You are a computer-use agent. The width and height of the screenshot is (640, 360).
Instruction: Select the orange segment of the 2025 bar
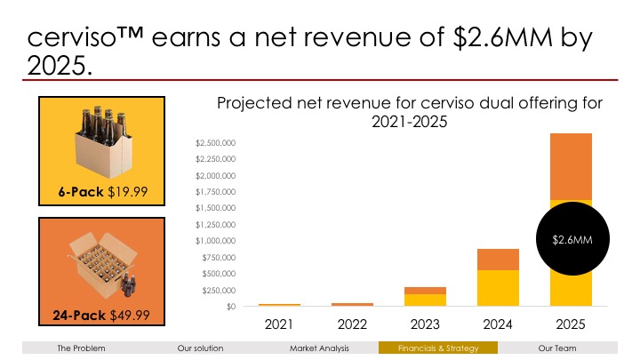pyautogui.click(x=571, y=164)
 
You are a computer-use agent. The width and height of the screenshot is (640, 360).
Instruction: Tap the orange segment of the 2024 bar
pyautogui.click(x=499, y=259)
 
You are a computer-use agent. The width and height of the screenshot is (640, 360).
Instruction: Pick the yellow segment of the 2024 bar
pyautogui.click(x=499, y=287)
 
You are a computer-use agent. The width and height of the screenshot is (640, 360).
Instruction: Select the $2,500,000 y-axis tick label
pyautogui.click(x=216, y=142)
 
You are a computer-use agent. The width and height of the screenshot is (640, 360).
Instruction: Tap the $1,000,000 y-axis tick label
pyautogui.click(x=216, y=241)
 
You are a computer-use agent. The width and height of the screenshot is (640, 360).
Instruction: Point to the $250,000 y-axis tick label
pyautogui.click(x=219, y=291)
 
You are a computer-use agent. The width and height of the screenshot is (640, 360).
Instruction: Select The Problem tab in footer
pyautogui.click(x=81, y=348)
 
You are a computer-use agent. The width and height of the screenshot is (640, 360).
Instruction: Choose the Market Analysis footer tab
pyautogui.click(x=319, y=348)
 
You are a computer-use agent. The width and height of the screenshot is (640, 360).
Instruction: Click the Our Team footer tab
pyautogui.click(x=557, y=348)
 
